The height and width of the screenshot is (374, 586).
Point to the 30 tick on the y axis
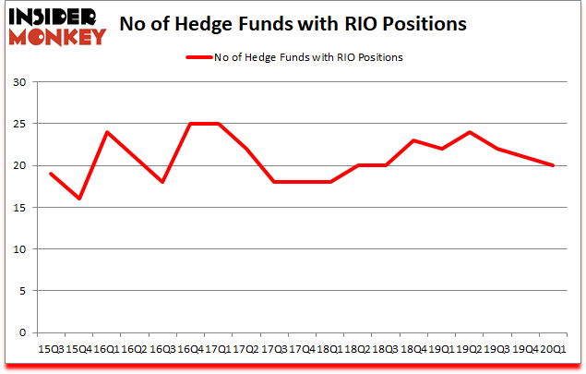click(19, 82)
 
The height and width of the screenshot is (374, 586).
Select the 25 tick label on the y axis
click(19, 124)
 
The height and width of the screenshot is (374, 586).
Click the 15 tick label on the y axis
click(19, 208)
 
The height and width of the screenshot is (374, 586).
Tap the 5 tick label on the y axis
click(23, 291)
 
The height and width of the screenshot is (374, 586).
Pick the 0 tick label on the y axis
click(23, 332)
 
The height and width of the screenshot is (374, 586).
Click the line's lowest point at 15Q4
click(79, 199)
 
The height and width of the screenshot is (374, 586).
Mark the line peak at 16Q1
click(107, 132)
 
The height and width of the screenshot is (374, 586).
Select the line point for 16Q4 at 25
click(191, 124)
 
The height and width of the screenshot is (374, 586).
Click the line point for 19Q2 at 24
click(470, 132)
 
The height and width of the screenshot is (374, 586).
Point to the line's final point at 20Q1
click(553, 165)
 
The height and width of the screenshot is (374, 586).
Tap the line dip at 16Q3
click(162, 182)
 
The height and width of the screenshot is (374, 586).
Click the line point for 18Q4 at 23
click(413, 140)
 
